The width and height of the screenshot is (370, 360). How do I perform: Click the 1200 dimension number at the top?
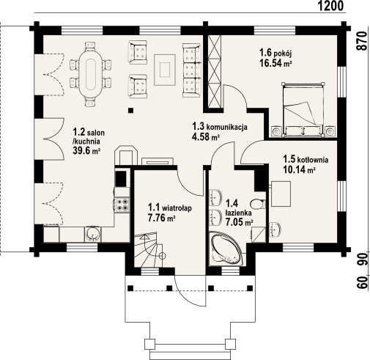click(x=331, y=6)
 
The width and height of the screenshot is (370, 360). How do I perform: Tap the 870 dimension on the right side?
click(x=362, y=41)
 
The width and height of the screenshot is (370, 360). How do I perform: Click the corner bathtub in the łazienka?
click(x=226, y=249)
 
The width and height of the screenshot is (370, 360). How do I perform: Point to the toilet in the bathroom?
click(x=258, y=204)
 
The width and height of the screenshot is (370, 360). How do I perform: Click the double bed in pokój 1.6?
click(x=303, y=109)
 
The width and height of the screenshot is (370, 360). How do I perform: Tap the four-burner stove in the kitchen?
click(x=122, y=205)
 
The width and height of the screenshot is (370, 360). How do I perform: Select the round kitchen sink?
click(x=93, y=234)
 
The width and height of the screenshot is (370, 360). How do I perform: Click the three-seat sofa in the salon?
click(x=191, y=70)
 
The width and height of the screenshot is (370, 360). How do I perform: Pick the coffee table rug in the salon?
click(x=165, y=70)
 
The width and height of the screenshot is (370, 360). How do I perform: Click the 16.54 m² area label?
click(x=276, y=63)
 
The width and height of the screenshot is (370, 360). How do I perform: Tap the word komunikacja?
click(x=227, y=127)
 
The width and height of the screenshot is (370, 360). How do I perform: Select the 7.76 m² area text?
click(x=161, y=218)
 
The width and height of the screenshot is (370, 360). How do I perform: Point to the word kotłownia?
click(x=313, y=160)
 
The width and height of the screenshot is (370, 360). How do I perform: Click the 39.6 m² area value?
click(x=86, y=150)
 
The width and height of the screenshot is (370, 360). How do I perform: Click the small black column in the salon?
click(x=131, y=110)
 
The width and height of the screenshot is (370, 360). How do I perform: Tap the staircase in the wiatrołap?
click(x=148, y=249)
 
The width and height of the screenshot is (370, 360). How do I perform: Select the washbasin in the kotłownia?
click(x=275, y=229)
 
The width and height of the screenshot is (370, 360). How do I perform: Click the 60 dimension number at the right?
click(x=363, y=282)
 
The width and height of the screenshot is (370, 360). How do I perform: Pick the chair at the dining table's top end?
click(x=90, y=46)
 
